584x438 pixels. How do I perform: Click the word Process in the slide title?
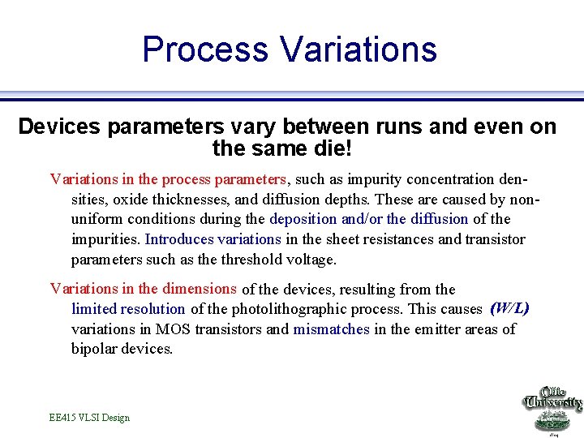(x=205, y=49)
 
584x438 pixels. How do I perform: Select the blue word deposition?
(x=303, y=219)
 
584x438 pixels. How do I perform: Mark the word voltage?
(x=308, y=260)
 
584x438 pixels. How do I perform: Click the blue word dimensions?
(x=199, y=289)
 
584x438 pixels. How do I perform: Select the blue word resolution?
(x=153, y=309)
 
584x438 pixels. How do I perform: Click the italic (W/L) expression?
(x=510, y=307)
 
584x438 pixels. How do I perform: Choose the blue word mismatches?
(x=331, y=329)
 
